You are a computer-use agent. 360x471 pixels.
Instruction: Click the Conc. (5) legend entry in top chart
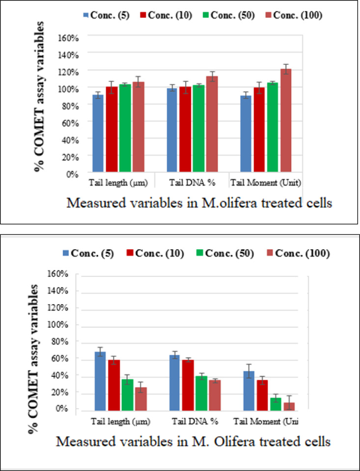coord(101,15)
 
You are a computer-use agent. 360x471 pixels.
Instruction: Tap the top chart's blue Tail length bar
coord(98,133)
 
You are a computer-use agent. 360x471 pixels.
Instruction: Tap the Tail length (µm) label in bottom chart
coord(120,421)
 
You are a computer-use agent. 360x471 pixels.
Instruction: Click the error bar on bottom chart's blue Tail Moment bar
coord(250,371)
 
